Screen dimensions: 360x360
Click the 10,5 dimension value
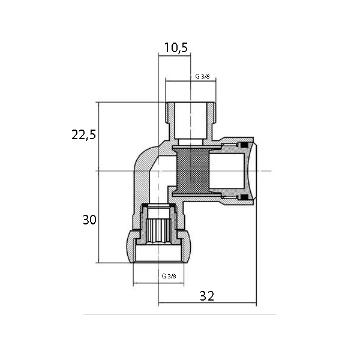[x=176, y=48]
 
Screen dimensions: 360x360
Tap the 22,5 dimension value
[x=83, y=135]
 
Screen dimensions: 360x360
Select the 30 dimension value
[x=89, y=220]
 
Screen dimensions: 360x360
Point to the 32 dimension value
[x=207, y=296]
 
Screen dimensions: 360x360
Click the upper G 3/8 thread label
[x=202, y=76]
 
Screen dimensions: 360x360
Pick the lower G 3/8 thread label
[x=169, y=276]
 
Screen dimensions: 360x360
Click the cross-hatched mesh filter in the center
[x=193, y=171]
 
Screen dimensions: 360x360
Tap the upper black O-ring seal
[x=244, y=145]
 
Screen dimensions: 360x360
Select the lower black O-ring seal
[x=244, y=197]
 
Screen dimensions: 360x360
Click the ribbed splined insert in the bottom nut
[x=158, y=230]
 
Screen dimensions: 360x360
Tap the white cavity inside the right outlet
[x=227, y=171]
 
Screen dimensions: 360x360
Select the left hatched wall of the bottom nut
[x=131, y=246]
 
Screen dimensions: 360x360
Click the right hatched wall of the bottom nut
[x=186, y=246]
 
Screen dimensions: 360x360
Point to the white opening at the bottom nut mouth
[x=158, y=253]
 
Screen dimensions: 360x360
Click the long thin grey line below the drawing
[x=179, y=315]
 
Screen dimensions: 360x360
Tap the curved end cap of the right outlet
[x=252, y=171]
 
